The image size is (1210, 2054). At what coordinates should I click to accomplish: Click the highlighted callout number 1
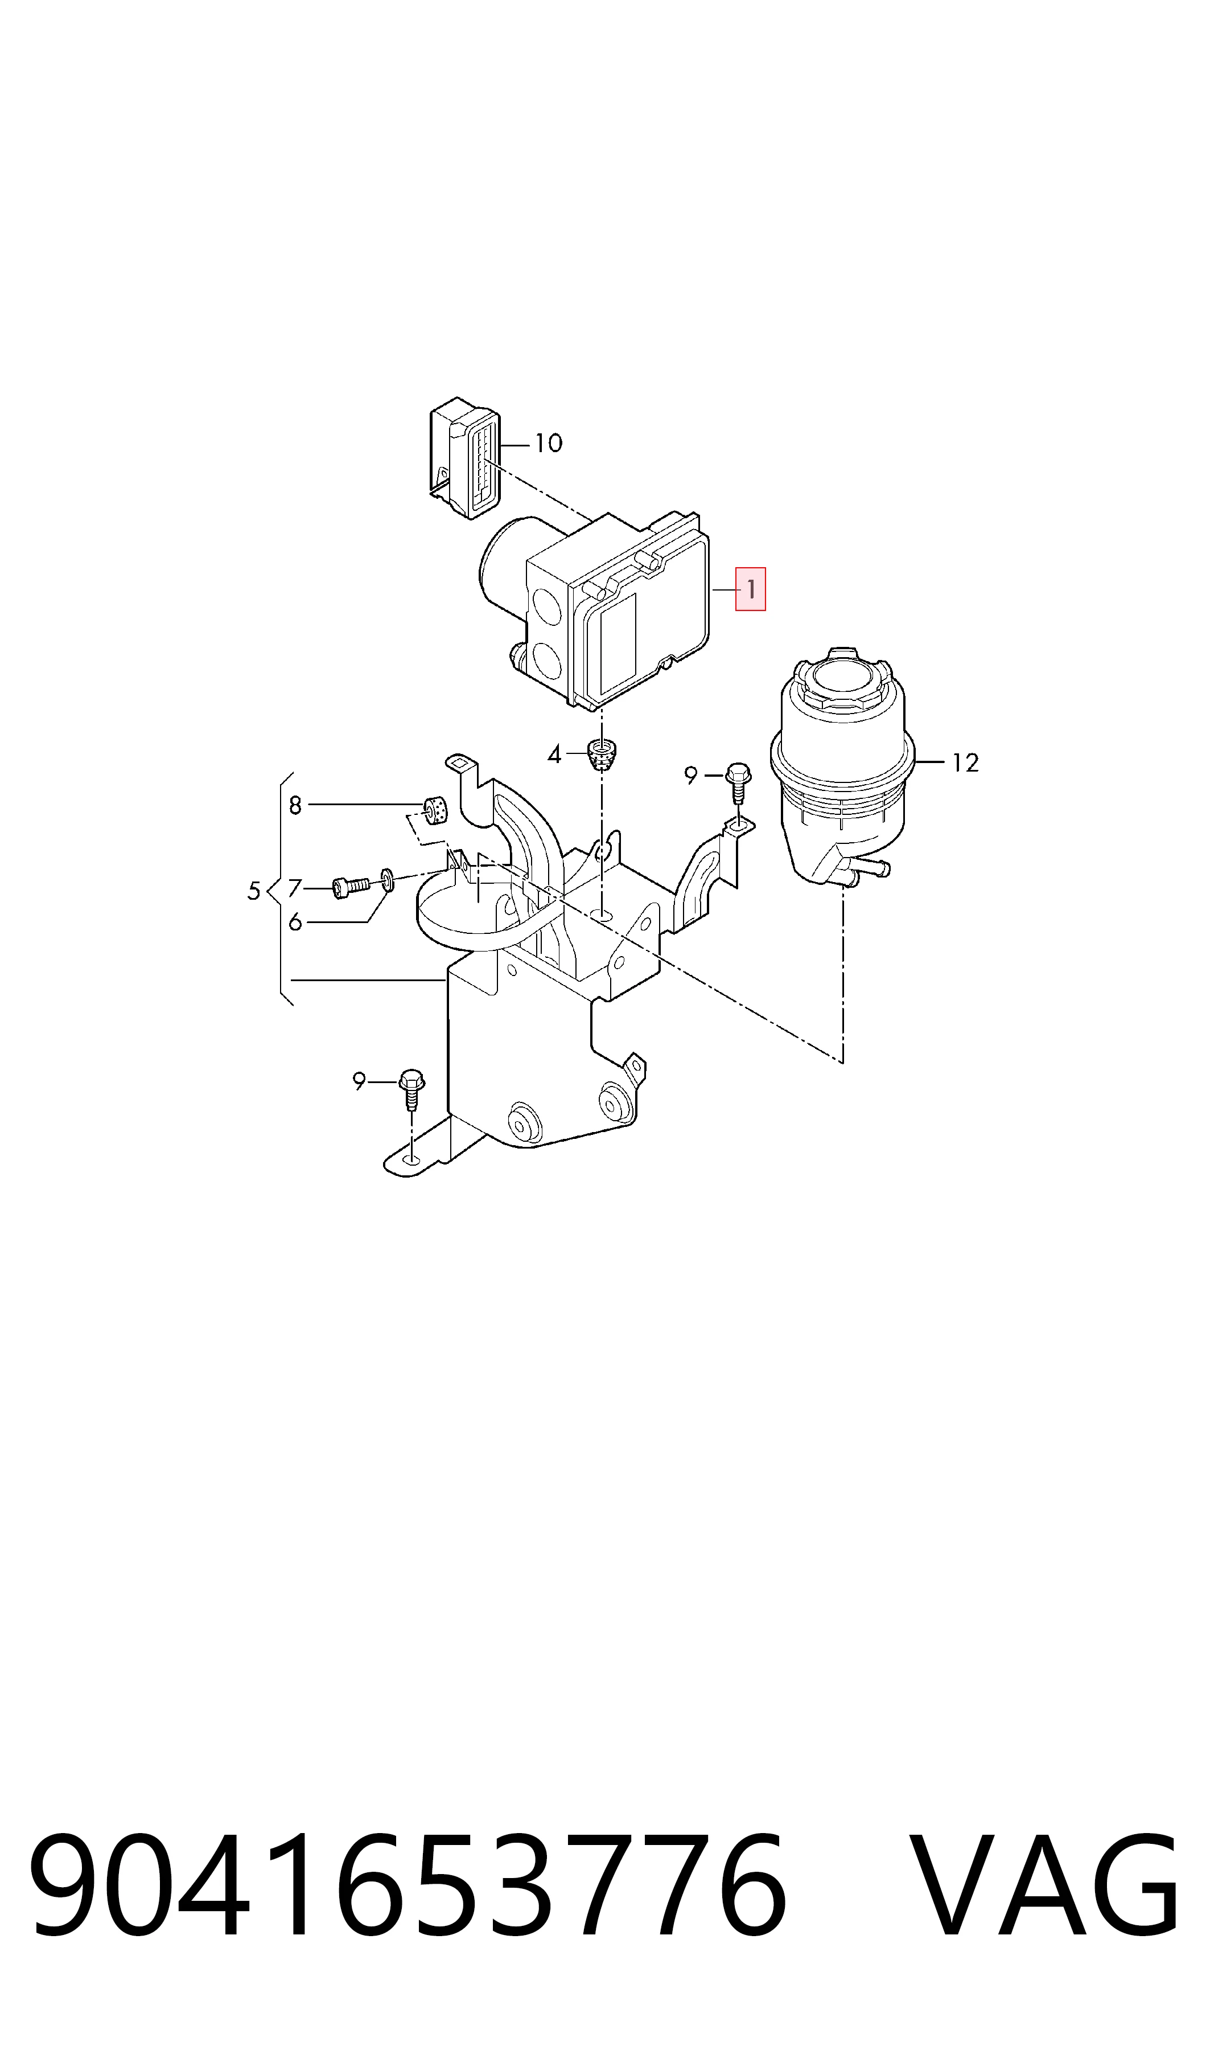(x=750, y=588)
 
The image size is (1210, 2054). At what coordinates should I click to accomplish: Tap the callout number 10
(x=549, y=443)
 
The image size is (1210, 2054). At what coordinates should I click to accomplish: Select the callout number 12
(x=965, y=762)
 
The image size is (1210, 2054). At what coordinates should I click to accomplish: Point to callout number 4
(x=554, y=755)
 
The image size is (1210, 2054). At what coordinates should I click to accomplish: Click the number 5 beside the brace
(x=254, y=891)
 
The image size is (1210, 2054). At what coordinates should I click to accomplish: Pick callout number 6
(x=295, y=923)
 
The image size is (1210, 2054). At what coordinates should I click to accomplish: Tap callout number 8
(x=295, y=806)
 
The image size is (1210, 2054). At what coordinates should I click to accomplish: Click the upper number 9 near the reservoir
(x=690, y=776)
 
